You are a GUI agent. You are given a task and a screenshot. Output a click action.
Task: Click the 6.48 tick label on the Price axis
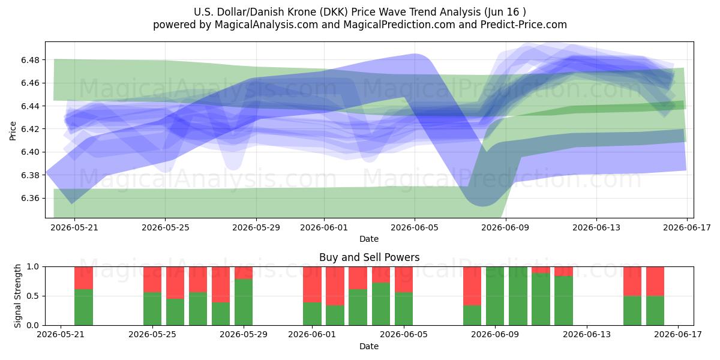coord(30,60)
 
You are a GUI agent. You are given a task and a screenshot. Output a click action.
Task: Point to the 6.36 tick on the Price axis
coord(30,198)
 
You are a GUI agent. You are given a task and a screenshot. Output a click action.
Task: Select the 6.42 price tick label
coord(30,129)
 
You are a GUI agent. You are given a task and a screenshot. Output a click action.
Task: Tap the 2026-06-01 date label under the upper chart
coord(323,227)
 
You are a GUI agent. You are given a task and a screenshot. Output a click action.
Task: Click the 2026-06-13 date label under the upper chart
coord(596,227)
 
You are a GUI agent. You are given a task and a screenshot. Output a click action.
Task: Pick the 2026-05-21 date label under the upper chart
coord(74,227)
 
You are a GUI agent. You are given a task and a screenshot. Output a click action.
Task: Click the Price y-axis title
coord(13,131)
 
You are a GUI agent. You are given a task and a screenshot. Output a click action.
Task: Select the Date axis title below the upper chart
coord(369,239)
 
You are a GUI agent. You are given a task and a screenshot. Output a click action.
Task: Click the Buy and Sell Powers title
coord(370,257)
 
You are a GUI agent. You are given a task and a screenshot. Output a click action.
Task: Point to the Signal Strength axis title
coord(17,296)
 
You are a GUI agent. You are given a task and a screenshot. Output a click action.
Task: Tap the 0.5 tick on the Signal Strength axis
coord(32,296)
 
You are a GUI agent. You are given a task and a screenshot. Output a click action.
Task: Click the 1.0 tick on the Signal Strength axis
coord(32,266)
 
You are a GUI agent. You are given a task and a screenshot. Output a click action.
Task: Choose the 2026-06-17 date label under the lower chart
coord(678,335)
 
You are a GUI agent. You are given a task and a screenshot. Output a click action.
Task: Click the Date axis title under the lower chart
coord(369,346)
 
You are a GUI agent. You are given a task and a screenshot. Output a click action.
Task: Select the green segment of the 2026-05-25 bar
coord(152,309)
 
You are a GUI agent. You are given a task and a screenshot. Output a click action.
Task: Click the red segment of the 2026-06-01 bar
coord(312,284)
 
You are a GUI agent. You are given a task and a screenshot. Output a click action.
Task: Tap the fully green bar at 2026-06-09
coord(495,296)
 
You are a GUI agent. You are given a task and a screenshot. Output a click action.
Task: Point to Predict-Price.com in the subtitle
coord(524,25)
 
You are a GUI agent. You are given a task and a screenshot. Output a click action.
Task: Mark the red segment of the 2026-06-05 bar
coord(404,280)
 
